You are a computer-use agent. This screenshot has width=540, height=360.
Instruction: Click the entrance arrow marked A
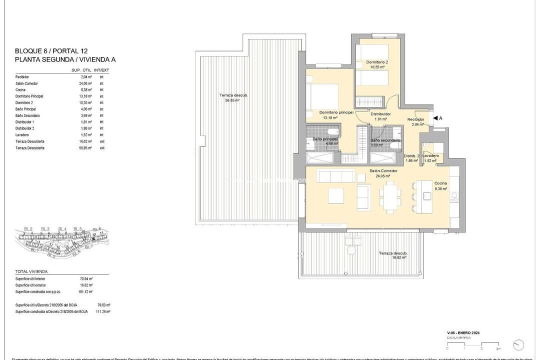tap(436, 118)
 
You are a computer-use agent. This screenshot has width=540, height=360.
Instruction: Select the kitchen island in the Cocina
tap(426, 195)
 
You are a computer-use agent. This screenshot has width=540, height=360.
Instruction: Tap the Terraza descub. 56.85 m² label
tap(233, 97)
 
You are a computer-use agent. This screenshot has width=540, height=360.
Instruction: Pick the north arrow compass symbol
tap(519, 344)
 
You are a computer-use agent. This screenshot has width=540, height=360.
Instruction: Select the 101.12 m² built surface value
tap(85, 291)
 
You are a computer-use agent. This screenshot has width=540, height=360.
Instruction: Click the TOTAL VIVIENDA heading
tap(31, 271)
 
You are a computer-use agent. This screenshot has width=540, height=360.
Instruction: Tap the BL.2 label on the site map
tap(28, 229)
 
